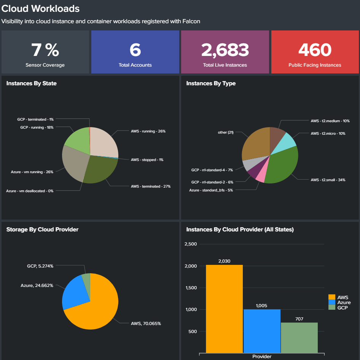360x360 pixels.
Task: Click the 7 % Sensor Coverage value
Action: pos(45,50)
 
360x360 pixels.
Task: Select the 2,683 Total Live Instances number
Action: pos(225,50)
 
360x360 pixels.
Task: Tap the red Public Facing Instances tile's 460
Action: pos(315,50)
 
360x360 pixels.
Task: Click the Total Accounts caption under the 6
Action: pos(135,65)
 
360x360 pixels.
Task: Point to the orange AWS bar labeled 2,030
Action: pos(224,308)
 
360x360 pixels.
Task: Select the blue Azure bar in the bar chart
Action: pos(262,331)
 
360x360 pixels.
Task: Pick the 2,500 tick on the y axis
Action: pos(190,244)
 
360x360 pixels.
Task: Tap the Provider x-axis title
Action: pos(262,357)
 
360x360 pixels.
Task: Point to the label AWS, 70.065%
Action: pos(146,323)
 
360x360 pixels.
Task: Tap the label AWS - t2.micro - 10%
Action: pos(328,134)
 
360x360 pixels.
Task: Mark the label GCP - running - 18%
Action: pos(37,127)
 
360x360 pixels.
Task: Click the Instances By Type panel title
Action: pos(211,83)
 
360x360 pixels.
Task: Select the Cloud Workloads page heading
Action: pos(41,8)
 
